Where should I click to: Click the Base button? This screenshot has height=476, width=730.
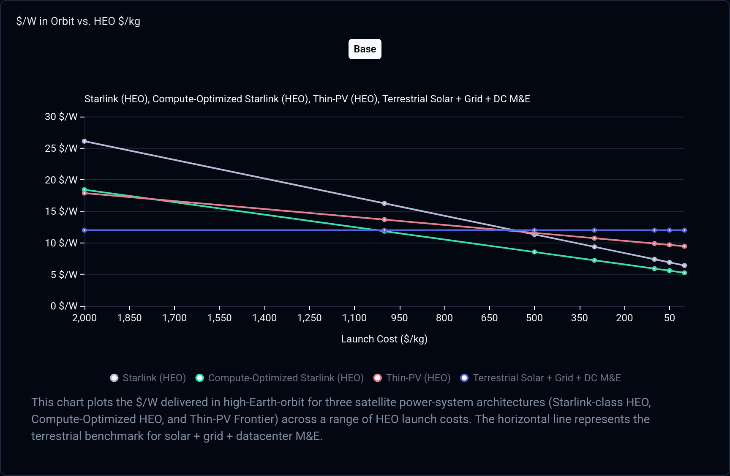[x=365, y=49]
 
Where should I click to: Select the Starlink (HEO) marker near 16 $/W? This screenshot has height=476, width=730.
[x=384, y=203]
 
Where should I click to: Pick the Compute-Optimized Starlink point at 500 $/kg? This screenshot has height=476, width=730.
[x=534, y=252]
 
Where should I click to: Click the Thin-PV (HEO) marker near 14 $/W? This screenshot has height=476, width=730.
[x=384, y=220]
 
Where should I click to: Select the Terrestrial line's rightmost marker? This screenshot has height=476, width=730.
[x=684, y=230]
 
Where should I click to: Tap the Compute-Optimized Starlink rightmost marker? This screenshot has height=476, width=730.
[x=684, y=273]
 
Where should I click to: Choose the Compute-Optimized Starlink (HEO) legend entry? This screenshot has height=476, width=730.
[x=280, y=378]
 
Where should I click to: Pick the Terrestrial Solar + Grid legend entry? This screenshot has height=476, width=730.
[x=541, y=378]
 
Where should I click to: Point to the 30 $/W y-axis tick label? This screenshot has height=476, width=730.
[x=61, y=117]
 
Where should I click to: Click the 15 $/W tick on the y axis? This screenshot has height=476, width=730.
[x=61, y=211]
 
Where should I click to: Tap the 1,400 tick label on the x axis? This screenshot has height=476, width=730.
[x=264, y=318]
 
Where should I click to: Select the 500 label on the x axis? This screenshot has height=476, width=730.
[x=534, y=318]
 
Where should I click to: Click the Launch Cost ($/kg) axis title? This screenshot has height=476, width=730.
[x=384, y=339]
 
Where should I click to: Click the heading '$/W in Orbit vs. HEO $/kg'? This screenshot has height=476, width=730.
[x=78, y=21]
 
